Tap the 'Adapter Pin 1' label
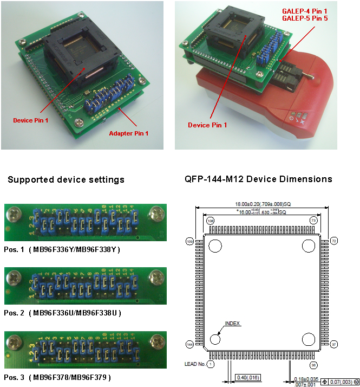[x=128, y=133]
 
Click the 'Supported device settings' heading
[x=66, y=179]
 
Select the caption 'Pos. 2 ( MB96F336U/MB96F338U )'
[x=62, y=313]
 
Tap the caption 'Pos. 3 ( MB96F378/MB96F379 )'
[x=57, y=376]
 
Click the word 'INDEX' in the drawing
[x=233, y=324]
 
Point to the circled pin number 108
[x=210, y=221]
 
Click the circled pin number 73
[x=313, y=221]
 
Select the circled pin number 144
[x=190, y=344]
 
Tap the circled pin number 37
[x=334, y=344]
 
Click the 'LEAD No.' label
[x=195, y=364]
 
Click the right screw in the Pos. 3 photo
[x=158, y=342]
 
